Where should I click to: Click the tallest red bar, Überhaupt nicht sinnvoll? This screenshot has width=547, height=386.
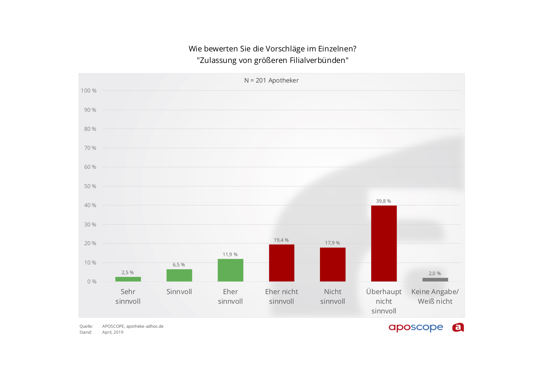click(x=384, y=243)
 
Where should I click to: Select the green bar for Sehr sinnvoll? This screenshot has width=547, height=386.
click(x=128, y=279)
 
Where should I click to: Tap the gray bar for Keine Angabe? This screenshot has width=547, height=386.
click(x=435, y=279)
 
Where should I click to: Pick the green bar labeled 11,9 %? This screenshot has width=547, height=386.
click(x=230, y=270)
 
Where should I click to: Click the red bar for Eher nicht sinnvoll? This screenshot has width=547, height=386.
click(x=282, y=263)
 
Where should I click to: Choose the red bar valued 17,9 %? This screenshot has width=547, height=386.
click(x=332, y=264)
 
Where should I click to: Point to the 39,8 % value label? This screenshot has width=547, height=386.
click(x=383, y=201)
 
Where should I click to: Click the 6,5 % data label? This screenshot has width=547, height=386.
click(x=179, y=265)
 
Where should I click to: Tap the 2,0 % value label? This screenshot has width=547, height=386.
click(x=435, y=274)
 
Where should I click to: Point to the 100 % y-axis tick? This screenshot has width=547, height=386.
click(x=89, y=91)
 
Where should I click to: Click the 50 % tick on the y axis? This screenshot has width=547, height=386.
click(x=90, y=186)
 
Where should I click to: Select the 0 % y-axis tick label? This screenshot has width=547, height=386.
click(x=92, y=282)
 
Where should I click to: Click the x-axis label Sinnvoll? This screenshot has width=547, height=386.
click(x=179, y=292)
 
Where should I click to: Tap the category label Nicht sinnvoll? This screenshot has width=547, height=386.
click(x=332, y=297)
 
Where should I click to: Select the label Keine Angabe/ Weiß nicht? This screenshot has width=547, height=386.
click(x=435, y=297)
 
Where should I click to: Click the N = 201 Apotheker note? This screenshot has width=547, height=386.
click(x=271, y=80)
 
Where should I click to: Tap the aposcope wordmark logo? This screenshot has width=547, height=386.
click(x=416, y=327)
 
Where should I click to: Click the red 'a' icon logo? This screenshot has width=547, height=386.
click(x=458, y=327)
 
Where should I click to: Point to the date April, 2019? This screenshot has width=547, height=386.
click(x=113, y=332)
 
